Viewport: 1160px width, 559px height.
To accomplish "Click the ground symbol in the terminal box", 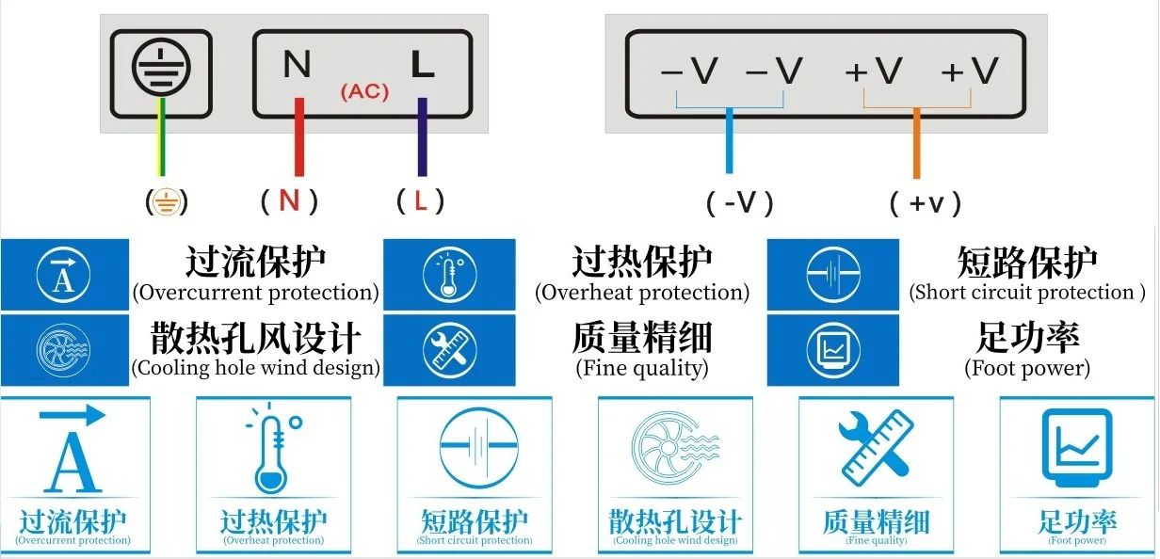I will tap(161, 70).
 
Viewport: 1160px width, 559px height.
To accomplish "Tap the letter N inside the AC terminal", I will tap(297, 66).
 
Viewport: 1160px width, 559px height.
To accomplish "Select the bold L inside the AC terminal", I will tap(422, 66).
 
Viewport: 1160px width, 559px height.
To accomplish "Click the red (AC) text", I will tap(364, 92).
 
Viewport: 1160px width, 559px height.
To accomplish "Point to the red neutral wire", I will tap(299, 136).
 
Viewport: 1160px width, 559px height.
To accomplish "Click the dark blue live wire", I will tap(422, 136).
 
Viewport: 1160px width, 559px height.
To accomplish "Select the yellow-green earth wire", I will tap(162, 141).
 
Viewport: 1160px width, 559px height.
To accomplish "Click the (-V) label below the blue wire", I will tap(740, 202).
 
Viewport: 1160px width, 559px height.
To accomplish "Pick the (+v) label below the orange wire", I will tap(925, 202).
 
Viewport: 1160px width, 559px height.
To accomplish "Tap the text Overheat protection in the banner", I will tap(642, 293).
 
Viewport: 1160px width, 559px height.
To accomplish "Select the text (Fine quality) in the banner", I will tap(642, 368).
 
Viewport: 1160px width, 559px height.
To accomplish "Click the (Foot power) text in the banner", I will tap(1027, 368).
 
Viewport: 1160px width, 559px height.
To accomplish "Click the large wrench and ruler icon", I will tap(875, 448).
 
